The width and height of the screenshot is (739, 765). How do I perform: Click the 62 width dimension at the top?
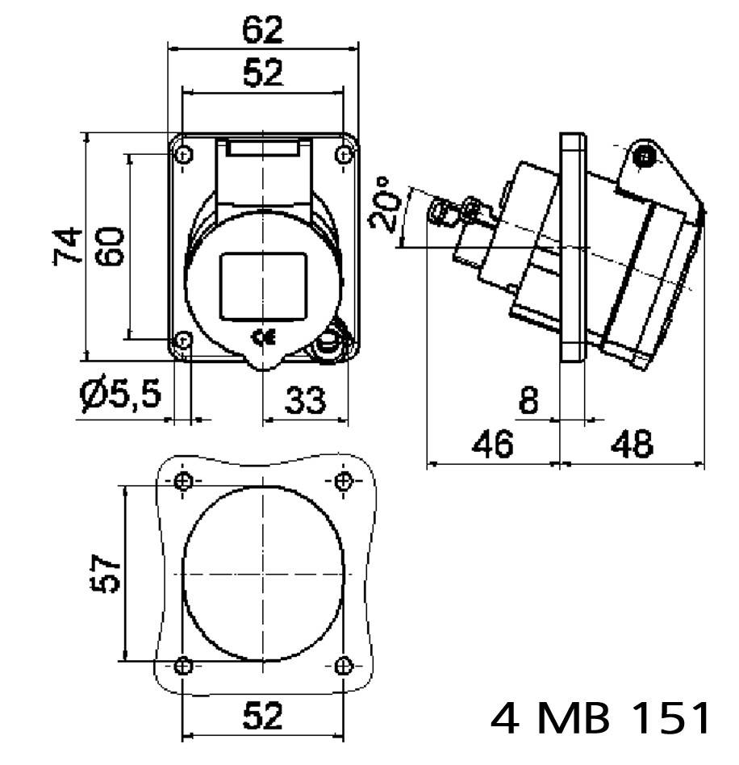click(x=264, y=30)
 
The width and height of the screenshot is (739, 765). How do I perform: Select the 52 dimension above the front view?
click(x=264, y=73)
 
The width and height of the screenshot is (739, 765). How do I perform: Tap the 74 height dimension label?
click(x=69, y=245)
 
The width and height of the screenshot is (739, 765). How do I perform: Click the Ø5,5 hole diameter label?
click(x=121, y=396)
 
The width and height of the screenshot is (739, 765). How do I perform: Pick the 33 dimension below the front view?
click(x=306, y=399)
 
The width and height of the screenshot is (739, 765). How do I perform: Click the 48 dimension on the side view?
click(x=632, y=445)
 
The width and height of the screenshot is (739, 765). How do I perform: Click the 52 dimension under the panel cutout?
click(x=264, y=716)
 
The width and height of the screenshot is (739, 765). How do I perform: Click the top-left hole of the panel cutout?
click(x=184, y=482)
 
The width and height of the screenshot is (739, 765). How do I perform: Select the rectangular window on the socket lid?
click(x=264, y=285)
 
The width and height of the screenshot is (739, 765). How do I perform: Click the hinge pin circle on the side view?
click(x=644, y=157)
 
